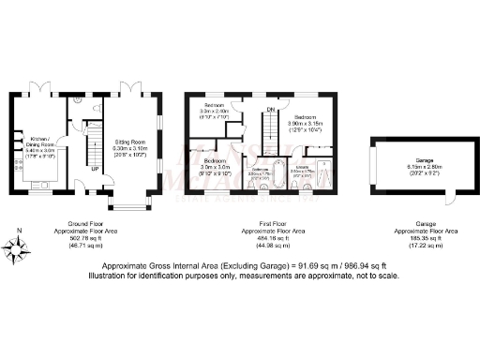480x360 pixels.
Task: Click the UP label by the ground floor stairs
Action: (95, 170)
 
